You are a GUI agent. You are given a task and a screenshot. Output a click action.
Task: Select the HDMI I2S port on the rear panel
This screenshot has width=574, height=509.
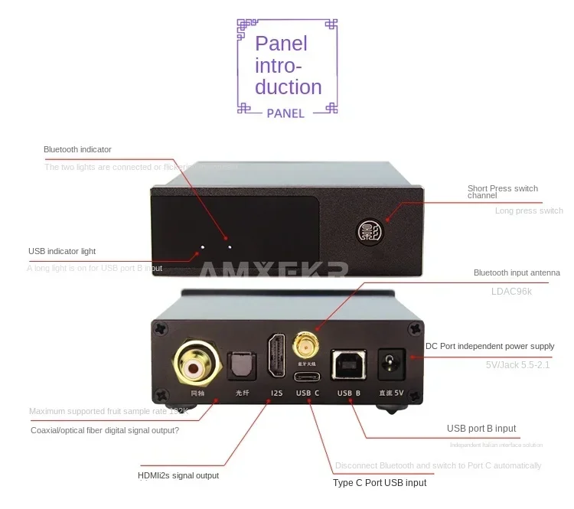click(276, 358)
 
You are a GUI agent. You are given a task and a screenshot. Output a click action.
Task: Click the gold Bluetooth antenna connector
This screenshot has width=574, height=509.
click(305, 345)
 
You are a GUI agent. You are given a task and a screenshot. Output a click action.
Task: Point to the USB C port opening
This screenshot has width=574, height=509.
click(306, 377)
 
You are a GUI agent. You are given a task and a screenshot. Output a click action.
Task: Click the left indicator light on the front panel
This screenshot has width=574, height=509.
click(203, 248)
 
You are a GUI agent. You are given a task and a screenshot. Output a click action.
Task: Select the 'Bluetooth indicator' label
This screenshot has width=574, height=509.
click(77, 149)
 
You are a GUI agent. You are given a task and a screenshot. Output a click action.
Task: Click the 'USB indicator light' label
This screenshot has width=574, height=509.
click(62, 251)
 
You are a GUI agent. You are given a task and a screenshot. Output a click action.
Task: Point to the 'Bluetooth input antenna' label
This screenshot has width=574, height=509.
click(517, 272)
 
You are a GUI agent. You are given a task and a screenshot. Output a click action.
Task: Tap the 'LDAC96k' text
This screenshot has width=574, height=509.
click(516, 292)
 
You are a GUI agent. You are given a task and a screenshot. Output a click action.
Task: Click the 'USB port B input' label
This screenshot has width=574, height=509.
click(481, 429)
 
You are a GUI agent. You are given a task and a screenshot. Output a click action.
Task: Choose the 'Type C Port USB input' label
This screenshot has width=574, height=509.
click(380, 483)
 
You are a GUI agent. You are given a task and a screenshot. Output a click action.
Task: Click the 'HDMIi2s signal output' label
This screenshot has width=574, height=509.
click(178, 475)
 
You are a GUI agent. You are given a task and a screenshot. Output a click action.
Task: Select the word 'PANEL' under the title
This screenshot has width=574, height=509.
click(285, 113)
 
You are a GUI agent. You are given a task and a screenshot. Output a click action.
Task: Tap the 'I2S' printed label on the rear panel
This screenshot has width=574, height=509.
click(277, 393)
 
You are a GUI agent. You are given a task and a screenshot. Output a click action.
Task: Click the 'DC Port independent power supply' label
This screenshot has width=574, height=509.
click(490, 347)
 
